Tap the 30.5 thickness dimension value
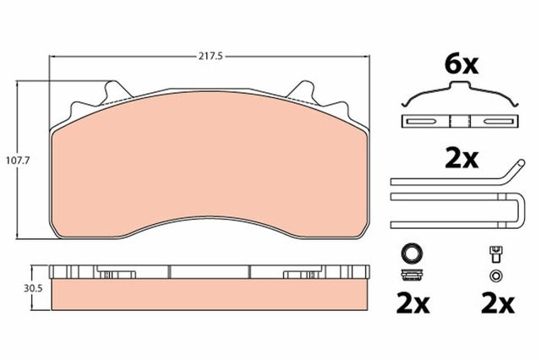[x=33, y=288]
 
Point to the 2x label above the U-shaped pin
[x=462, y=159]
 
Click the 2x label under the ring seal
[x=413, y=303]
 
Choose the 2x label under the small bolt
[x=498, y=303]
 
